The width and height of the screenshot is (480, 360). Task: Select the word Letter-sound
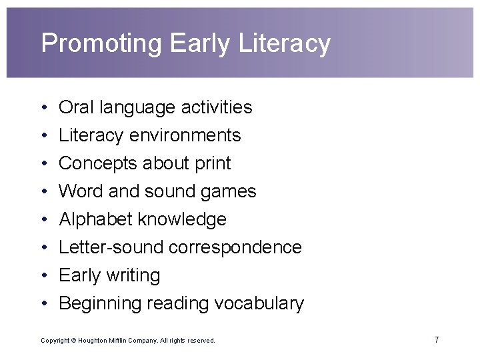click(111, 247)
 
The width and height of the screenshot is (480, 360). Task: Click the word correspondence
click(235, 248)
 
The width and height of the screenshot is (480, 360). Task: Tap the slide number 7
click(437, 340)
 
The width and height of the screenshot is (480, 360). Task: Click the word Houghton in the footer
click(98, 341)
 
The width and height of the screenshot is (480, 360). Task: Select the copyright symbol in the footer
click(75, 341)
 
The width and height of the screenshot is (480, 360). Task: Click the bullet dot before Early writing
click(42, 276)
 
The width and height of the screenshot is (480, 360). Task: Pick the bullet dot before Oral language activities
click(42, 108)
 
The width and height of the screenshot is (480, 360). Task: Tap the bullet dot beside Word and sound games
click(42, 192)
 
